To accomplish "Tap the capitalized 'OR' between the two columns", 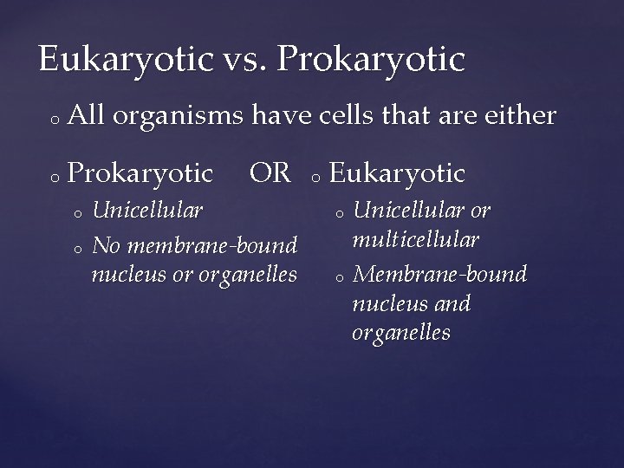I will click(270, 172).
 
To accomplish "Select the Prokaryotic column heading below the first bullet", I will click(140, 173).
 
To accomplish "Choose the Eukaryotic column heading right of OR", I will click(398, 173).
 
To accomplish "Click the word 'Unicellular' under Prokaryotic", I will click(147, 210).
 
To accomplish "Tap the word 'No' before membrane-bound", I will click(107, 245).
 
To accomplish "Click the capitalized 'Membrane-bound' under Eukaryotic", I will click(440, 274).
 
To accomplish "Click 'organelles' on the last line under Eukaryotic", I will click(401, 333).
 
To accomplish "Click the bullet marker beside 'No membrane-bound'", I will click(77, 248).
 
